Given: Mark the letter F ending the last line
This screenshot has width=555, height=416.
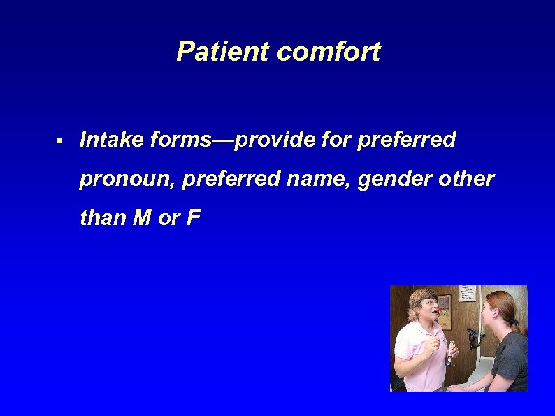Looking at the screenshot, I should point(194,218).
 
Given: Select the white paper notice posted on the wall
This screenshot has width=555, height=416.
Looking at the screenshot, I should point(468,293).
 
